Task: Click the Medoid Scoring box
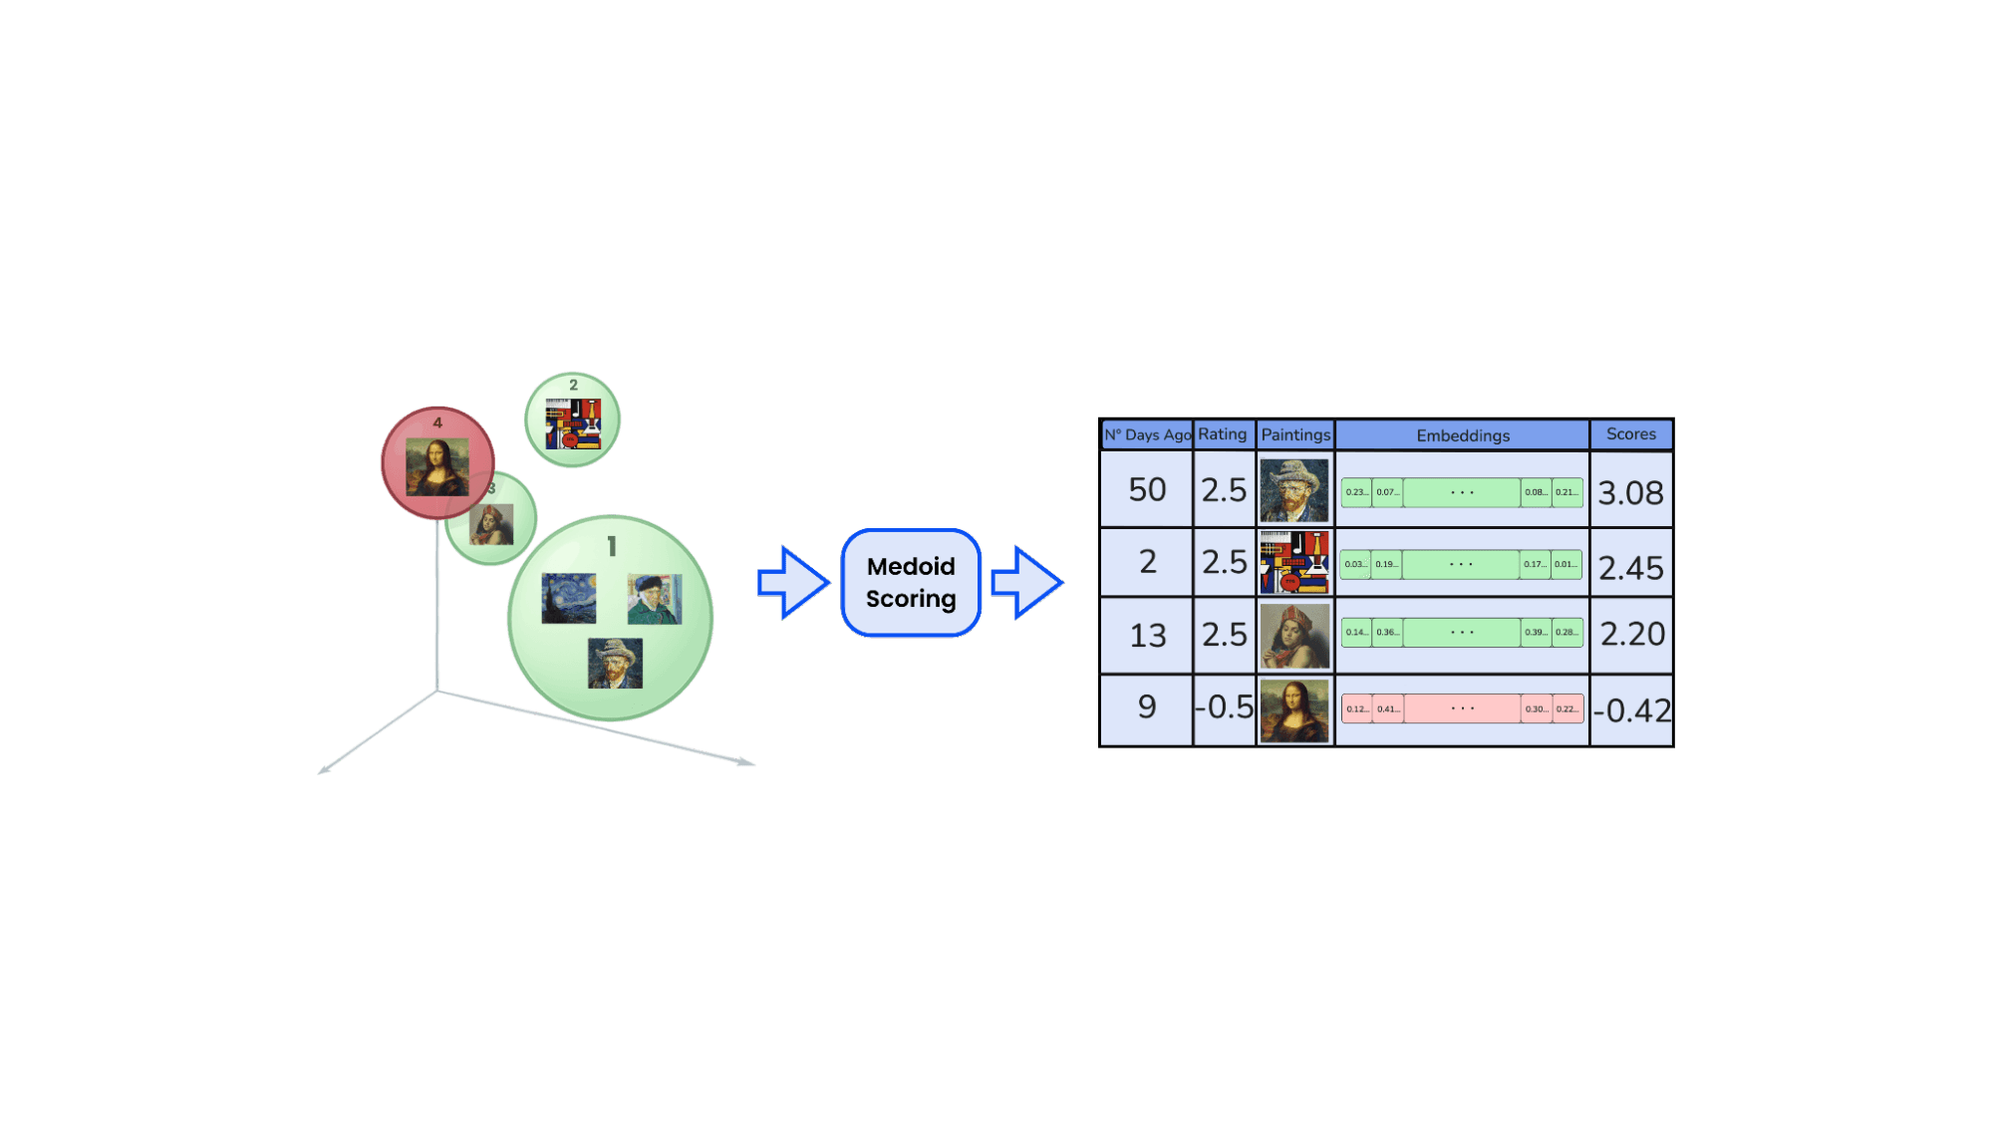click(911, 583)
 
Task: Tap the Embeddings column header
click(1462, 435)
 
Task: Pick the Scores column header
click(1630, 434)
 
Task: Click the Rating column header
click(1223, 434)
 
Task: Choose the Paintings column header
click(1294, 434)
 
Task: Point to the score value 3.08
click(1630, 492)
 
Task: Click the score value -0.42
click(1631, 710)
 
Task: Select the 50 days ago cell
click(1147, 489)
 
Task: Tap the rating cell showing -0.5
click(1225, 707)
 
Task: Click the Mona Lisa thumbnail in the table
click(1294, 710)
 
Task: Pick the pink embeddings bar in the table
click(1462, 708)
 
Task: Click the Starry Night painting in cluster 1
click(569, 598)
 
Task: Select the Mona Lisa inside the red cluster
click(436, 467)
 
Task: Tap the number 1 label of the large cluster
click(612, 546)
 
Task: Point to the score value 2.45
click(1630, 568)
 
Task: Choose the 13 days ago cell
click(1147, 635)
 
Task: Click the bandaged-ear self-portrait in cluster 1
click(655, 599)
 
